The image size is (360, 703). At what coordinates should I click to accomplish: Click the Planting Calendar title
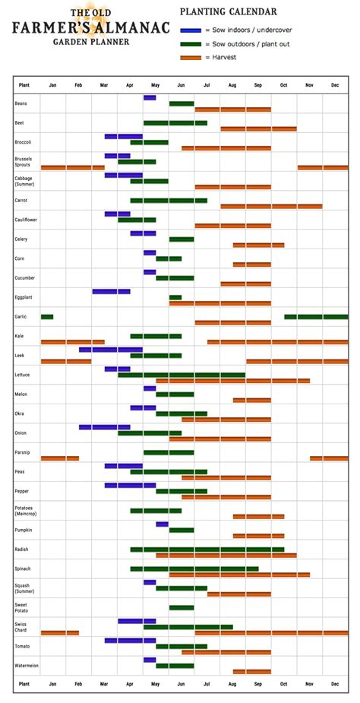point(228,12)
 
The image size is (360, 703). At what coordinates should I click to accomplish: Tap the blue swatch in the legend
point(191,30)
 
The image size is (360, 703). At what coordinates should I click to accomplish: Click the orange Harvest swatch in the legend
point(191,58)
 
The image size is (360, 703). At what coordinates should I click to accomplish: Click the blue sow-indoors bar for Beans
point(150,97)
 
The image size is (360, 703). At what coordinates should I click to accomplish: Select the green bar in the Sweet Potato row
point(182,607)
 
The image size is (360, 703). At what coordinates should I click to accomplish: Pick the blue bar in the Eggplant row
point(111,291)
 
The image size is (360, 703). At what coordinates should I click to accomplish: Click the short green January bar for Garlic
point(47,317)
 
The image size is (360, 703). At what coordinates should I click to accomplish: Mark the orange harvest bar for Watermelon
point(251,671)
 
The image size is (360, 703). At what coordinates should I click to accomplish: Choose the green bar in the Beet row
point(175,122)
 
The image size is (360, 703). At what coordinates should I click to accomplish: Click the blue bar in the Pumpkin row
point(163,524)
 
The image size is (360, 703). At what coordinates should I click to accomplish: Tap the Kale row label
point(19,336)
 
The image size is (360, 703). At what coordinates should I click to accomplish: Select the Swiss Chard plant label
point(21,626)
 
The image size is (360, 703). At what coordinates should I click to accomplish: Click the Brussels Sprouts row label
point(23,161)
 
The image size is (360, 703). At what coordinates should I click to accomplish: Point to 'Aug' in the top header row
point(232,85)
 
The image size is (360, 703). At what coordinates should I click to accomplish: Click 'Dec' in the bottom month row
point(335,684)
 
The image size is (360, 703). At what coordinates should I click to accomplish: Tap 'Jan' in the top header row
point(52,85)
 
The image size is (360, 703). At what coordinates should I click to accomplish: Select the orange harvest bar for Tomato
point(226,652)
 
